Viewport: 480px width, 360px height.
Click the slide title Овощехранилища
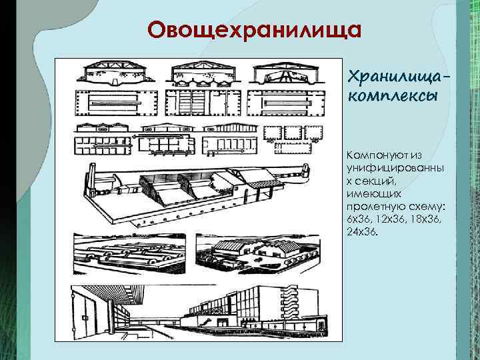[255, 31]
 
